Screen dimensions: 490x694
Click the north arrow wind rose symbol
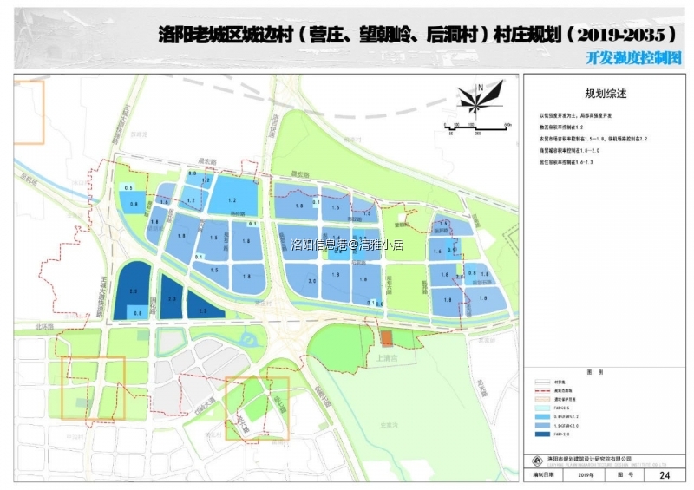(479, 98)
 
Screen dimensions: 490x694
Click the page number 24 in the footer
(665, 475)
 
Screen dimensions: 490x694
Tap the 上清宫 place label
(386, 356)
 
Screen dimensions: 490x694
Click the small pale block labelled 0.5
(128, 188)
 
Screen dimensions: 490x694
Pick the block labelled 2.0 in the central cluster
(311, 282)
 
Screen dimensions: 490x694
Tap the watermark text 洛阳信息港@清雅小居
(348, 245)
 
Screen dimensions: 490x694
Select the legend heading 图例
(594, 371)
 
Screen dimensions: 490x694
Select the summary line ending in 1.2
(566, 127)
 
